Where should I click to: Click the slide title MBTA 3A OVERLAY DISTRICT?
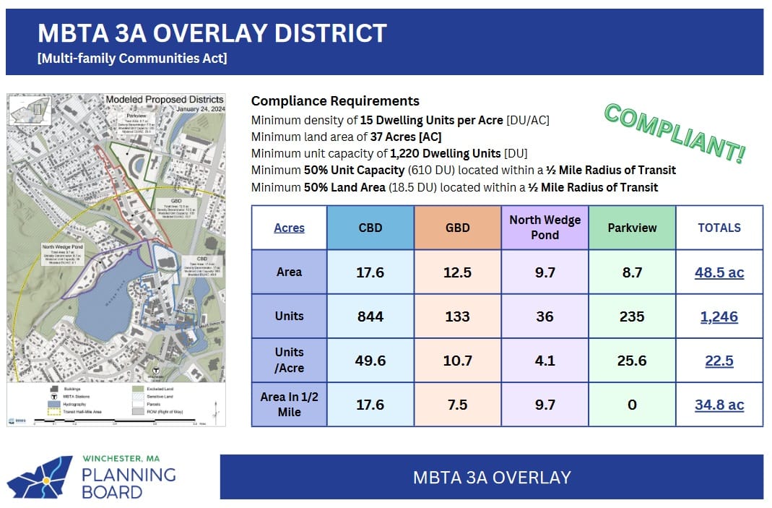pyautogui.click(x=212, y=33)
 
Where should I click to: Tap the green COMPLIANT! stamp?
pyautogui.click(x=675, y=133)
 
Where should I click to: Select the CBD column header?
pyautogui.click(x=370, y=228)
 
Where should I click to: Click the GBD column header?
pyautogui.click(x=457, y=228)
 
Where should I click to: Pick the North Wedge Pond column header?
pyautogui.click(x=545, y=227)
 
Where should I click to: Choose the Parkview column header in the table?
pyautogui.click(x=632, y=228)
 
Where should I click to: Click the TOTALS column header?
pyautogui.click(x=719, y=228)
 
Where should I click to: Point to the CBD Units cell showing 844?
pyautogui.click(x=370, y=316)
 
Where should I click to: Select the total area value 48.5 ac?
pyautogui.click(x=719, y=272)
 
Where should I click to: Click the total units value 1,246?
pyautogui.click(x=719, y=317)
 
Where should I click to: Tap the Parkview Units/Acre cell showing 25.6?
pyautogui.click(x=632, y=361)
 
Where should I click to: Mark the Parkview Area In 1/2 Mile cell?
pyautogui.click(x=632, y=405)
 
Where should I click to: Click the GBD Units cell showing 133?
pyautogui.click(x=457, y=316)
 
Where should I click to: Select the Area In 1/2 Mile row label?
pyautogui.click(x=289, y=405)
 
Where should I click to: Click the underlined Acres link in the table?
pyautogui.click(x=289, y=228)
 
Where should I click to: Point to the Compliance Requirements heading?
pyautogui.click(x=335, y=101)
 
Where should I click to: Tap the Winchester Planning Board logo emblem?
pyautogui.click(x=40, y=478)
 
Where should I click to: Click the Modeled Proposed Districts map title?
pyautogui.click(x=164, y=100)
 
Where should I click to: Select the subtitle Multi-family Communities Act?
pyautogui.click(x=132, y=59)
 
